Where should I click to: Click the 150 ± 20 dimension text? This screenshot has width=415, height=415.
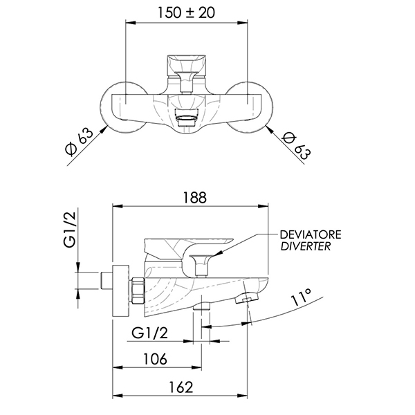pyautogui.click(x=186, y=12)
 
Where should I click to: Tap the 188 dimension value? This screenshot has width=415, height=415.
pyautogui.click(x=194, y=197)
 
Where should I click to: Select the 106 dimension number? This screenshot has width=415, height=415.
pyautogui.click(x=155, y=359)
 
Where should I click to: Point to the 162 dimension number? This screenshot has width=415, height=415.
pyautogui.click(x=181, y=387)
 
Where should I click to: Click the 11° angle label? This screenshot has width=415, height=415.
pyautogui.click(x=301, y=297)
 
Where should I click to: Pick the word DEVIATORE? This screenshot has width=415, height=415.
pyautogui.click(x=311, y=234)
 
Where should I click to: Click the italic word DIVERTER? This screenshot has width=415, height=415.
pyautogui.click(x=306, y=246)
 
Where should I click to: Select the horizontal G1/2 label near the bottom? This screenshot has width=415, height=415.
pyautogui.click(x=150, y=333)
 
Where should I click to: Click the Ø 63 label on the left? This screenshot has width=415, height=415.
pyautogui.click(x=79, y=142)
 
